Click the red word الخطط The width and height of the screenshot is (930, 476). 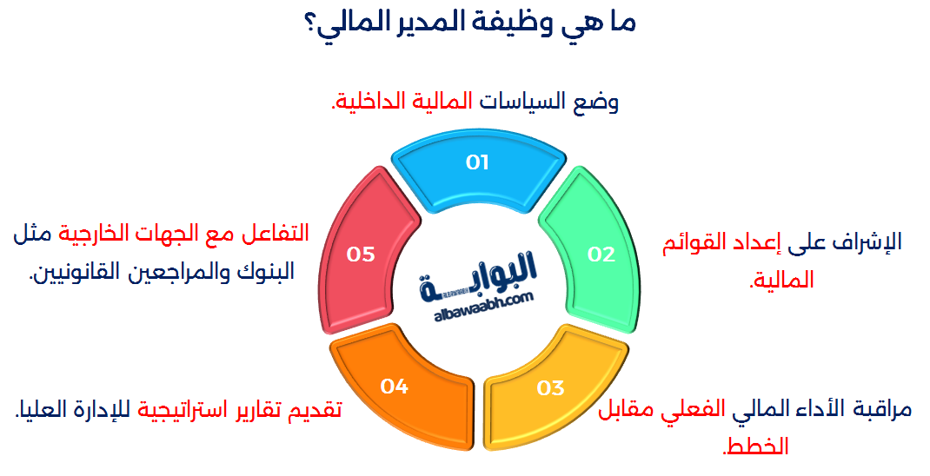(x=760, y=446)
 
